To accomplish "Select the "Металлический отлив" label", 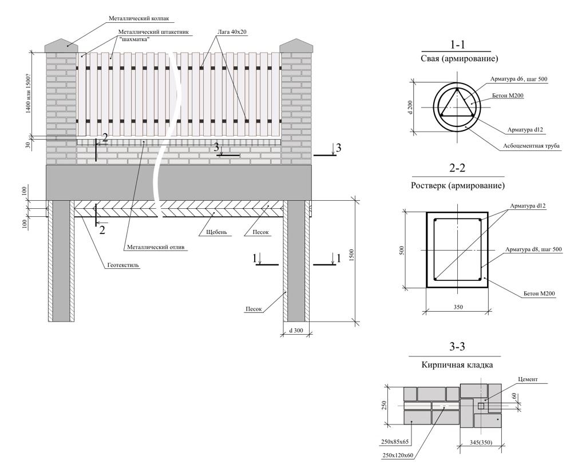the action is click(x=156, y=247).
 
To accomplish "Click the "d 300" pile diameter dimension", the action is click(x=296, y=330).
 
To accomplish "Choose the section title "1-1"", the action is click(x=457, y=45).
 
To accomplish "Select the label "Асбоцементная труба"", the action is click(x=531, y=146).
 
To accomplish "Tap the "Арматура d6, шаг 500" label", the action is click(x=519, y=79).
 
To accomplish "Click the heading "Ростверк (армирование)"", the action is click(x=457, y=185).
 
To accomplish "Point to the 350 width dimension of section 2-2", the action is click(x=458, y=307).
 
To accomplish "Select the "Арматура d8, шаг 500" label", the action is click(x=533, y=249).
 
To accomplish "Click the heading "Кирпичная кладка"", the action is click(x=457, y=364).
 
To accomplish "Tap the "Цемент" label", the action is click(x=528, y=379).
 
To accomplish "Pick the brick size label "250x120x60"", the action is click(x=398, y=455).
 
